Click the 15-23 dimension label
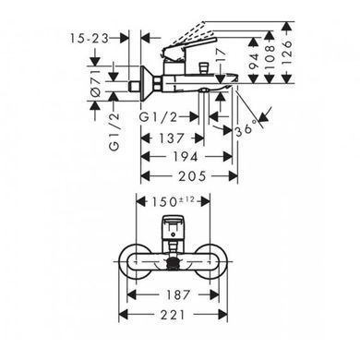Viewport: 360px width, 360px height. coord(90,39)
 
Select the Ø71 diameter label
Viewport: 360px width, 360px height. coord(96,82)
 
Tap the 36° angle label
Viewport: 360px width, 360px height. coord(246,127)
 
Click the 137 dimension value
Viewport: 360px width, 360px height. coord(171,138)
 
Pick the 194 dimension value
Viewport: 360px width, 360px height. coord(185,157)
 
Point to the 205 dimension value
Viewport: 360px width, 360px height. coord(193,176)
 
